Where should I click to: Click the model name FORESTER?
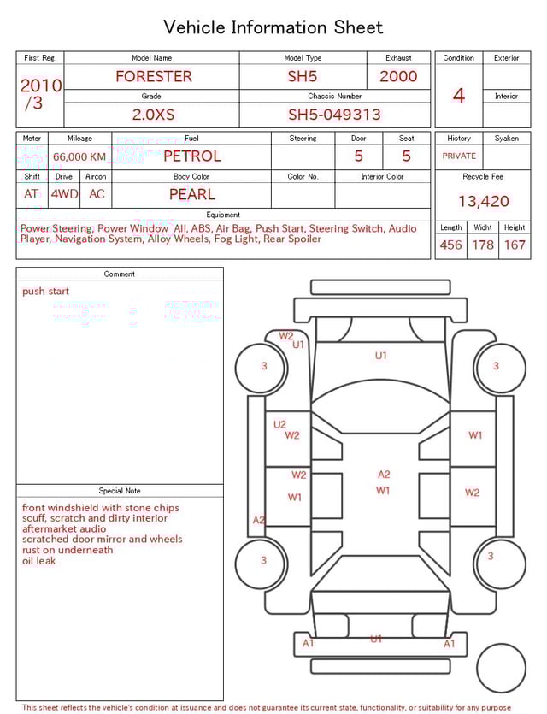pyautogui.click(x=154, y=76)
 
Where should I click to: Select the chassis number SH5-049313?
pyautogui.click(x=334, y=115)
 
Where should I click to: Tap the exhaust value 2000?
pyautogui.click(x=398, y=76)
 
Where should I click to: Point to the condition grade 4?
pyautogui.click(x=458, y=96)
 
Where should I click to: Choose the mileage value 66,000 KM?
pyautogui.click(x=79, y=156)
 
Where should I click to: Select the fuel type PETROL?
pyautogui.click(x=191, y=156)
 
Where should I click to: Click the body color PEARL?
pyautogui.click(x=191, y=194)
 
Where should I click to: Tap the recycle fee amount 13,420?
pyautogui.click(x=483, y=202)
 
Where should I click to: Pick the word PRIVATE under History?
pyautogui.click(x=459, y=156)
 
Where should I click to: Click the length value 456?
pyautogui.click(x=450, y=245)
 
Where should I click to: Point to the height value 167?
pyautogui.click(x=515, y=245)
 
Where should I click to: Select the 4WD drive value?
pyautogui.click(x=64, y=194)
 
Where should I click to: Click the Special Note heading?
pyautogui.click(x=120, y=491)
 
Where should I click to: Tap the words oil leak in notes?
pyautogui.click(x=38, y=561)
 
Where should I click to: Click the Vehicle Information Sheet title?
pyautogui.click(x=273, y=27)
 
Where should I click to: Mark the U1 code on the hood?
pyautogui.click(x=380, y=355)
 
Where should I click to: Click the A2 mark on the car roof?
pyautogui.click(x=384, y=475)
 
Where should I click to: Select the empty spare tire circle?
pyautogui.click(x=501, y=668)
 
